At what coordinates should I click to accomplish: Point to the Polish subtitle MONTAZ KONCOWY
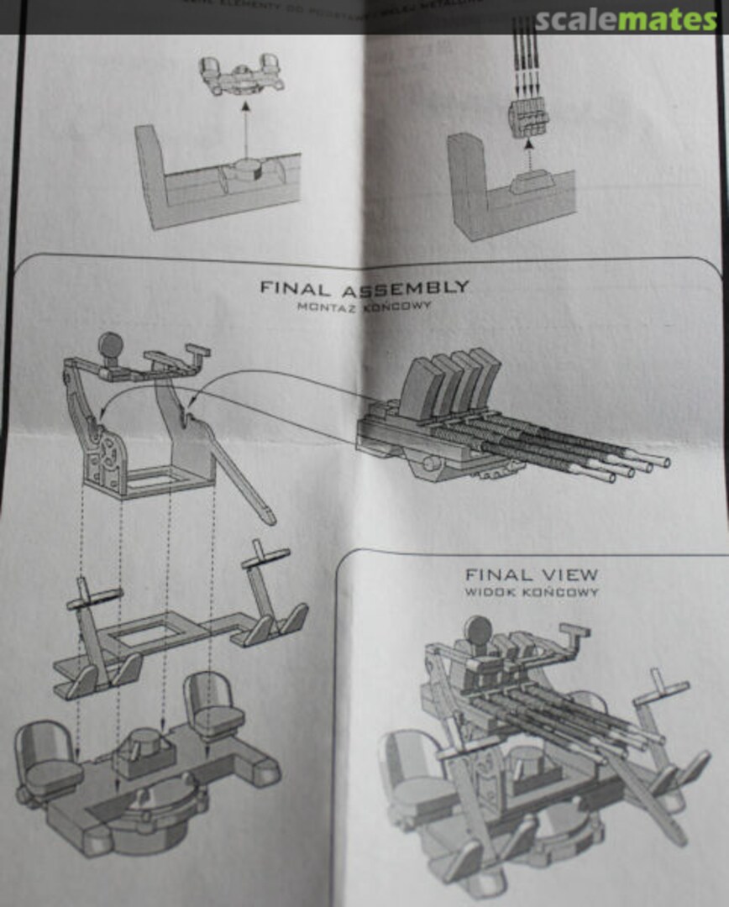pos(364,307)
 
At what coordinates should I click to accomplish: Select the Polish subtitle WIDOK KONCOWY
pos(532,592)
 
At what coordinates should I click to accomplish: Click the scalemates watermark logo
pos(626,20)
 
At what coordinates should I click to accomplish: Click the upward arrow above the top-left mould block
pos(245,126)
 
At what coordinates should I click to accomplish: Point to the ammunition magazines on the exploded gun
pos(448,382)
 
